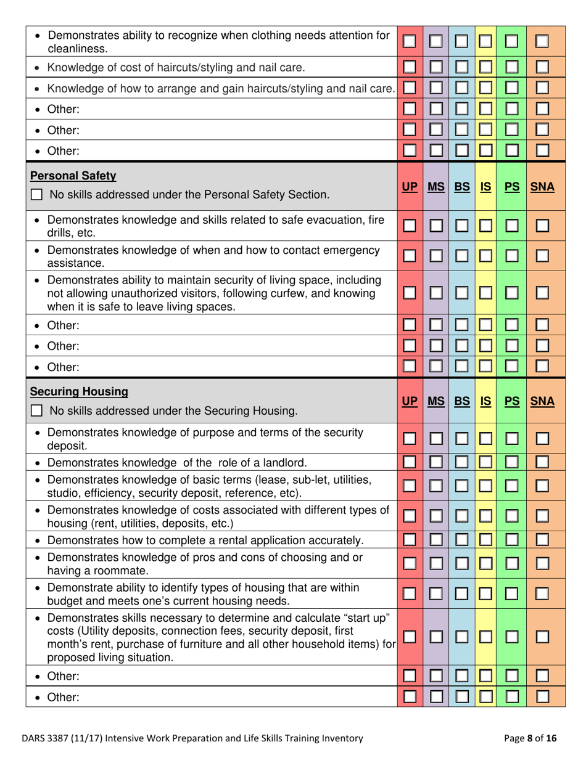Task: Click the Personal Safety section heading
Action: [x=73, y=176]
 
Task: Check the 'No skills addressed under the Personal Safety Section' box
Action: [x=37, y=195]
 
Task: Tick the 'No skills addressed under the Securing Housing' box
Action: [x=37, y=410]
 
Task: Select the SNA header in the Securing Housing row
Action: [x=542, y=401]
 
